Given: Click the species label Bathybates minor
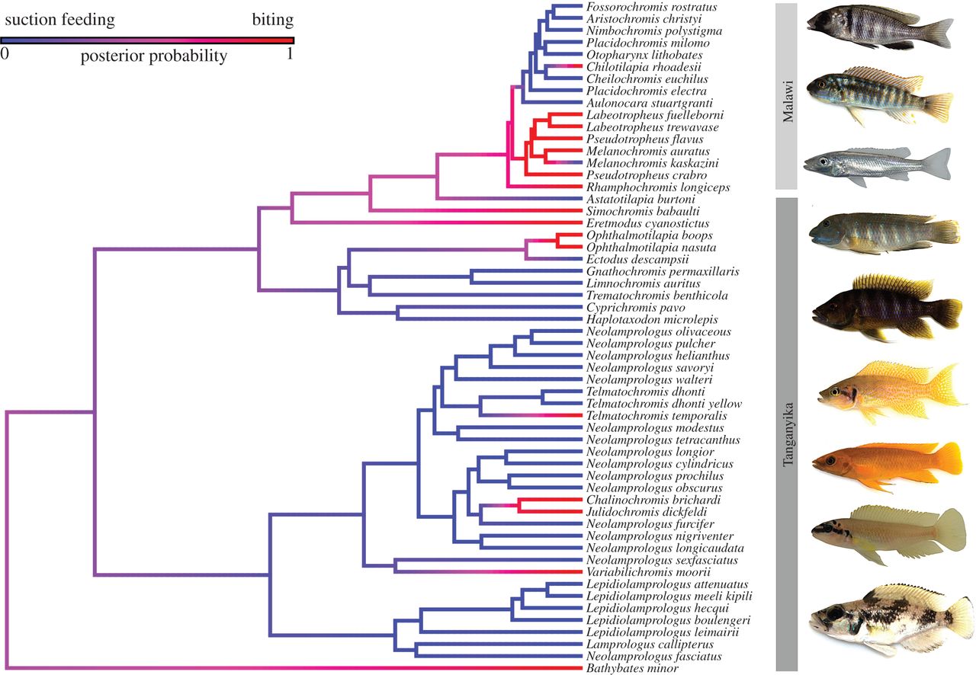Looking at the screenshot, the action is (632, 668).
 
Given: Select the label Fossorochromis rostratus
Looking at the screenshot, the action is (645, 7).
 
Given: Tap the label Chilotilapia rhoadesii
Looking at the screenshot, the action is (644, 67).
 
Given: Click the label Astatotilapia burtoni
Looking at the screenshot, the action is (640, 200).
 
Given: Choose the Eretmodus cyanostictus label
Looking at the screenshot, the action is (648, 223).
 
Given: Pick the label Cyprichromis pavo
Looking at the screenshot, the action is (636, 308).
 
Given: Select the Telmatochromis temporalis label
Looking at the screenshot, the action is (657, 416).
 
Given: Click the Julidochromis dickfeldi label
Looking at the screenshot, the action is (647, 512).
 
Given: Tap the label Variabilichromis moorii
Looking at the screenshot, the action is (648, 572).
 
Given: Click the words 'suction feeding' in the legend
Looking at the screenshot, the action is (59, 20).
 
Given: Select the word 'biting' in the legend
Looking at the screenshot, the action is (273, 20).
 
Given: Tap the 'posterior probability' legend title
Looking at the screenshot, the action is (153, 56).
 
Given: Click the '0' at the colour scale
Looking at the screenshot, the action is (5, 53).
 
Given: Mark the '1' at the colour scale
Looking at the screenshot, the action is (289, 53).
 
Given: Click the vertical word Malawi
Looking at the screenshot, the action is (788, 101).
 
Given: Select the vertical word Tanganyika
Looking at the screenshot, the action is (788, 434).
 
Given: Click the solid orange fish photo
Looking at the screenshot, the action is (886, 465).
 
